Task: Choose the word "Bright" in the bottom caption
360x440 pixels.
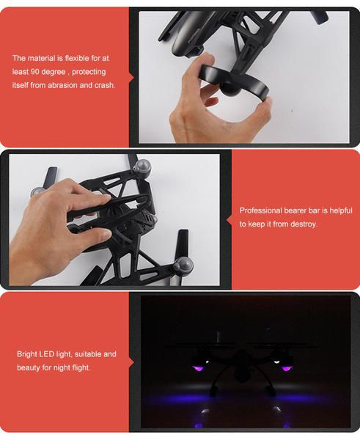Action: click(x=28, y=354)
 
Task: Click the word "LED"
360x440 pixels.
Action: click(x=51, y=354)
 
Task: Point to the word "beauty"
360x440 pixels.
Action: click(x=29, y=367)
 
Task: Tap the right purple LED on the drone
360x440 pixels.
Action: click(x=287, y=366)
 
